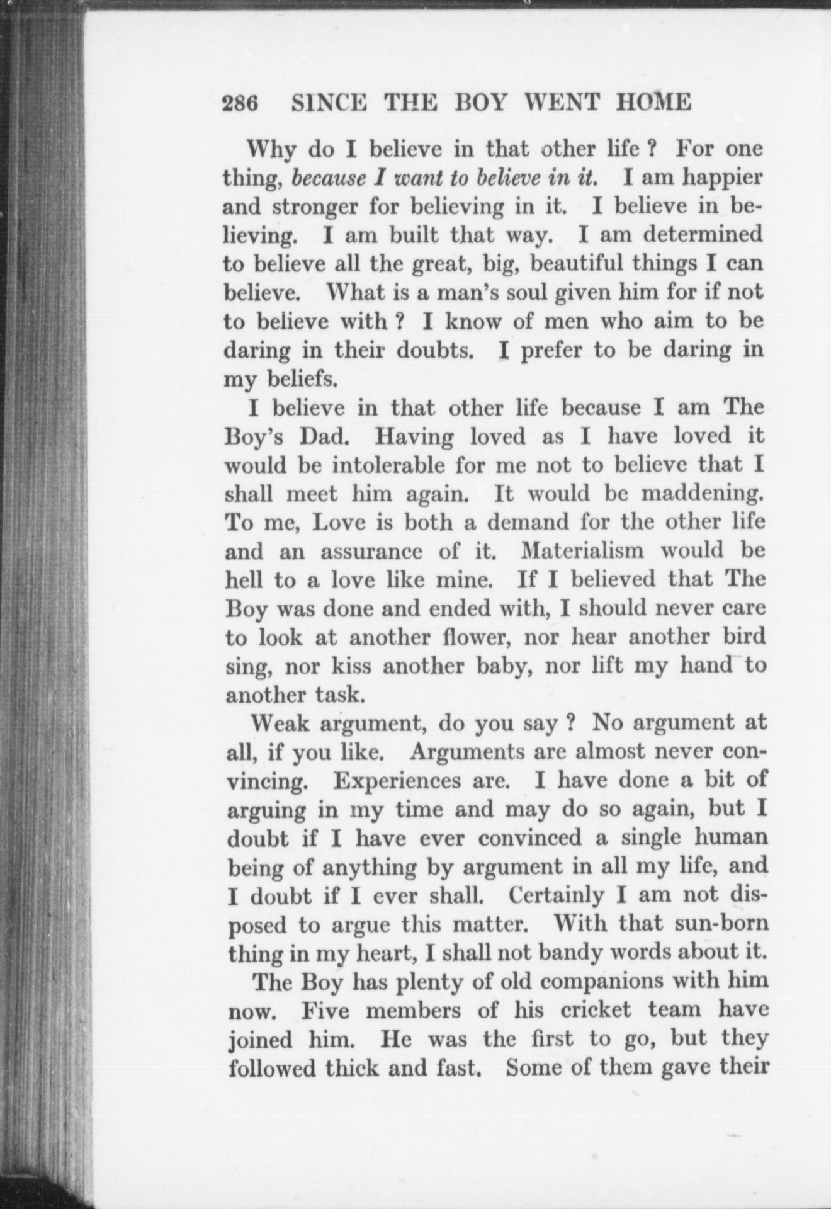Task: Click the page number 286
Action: click(240, 103)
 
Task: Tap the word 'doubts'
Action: click(435, 350)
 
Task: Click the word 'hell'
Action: click(241, 579)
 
